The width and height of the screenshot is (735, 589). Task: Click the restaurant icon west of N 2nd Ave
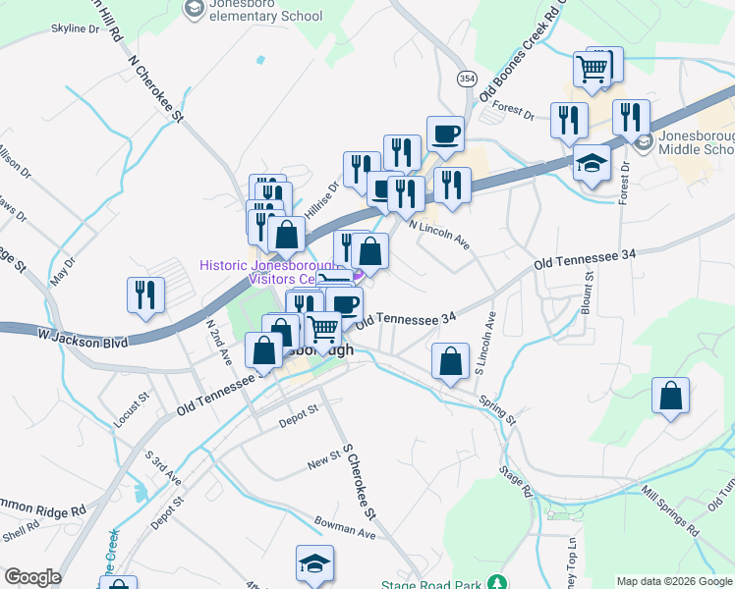[x=145, y=295]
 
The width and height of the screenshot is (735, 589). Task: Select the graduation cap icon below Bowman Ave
[x=314, y=563]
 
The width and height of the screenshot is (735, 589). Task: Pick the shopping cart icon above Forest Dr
[x=594, y=68]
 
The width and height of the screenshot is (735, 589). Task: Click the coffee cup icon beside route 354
[x=445, y=134]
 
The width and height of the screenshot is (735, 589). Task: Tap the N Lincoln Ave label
[x=440, y=235]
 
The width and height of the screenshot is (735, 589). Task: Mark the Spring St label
[x=497, y=410]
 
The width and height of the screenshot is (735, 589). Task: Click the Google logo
[x=32, y=577]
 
